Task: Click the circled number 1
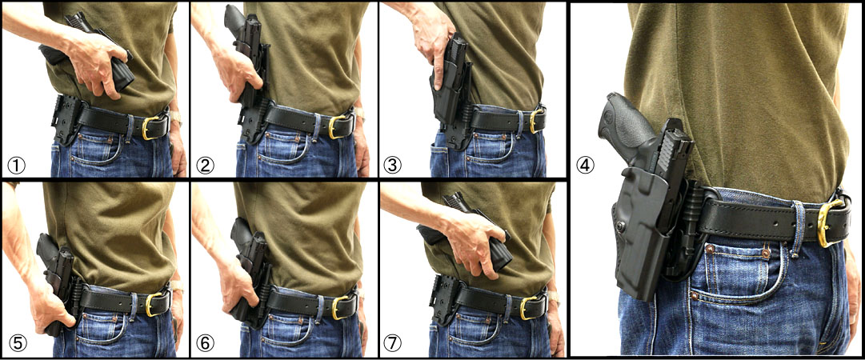click(x=15, y=165)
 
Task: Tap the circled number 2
click(x=205, y=165)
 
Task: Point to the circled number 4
click(x=585, y=165)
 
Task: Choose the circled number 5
click(x=17, y=343)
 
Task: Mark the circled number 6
click(x=205, y=343)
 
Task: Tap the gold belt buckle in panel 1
click(x=150, y=127)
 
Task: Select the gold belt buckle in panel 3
click(x=535, y=121)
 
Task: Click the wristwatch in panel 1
click(x=175, y=116)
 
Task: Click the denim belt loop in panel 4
click(x=797, y=228)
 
